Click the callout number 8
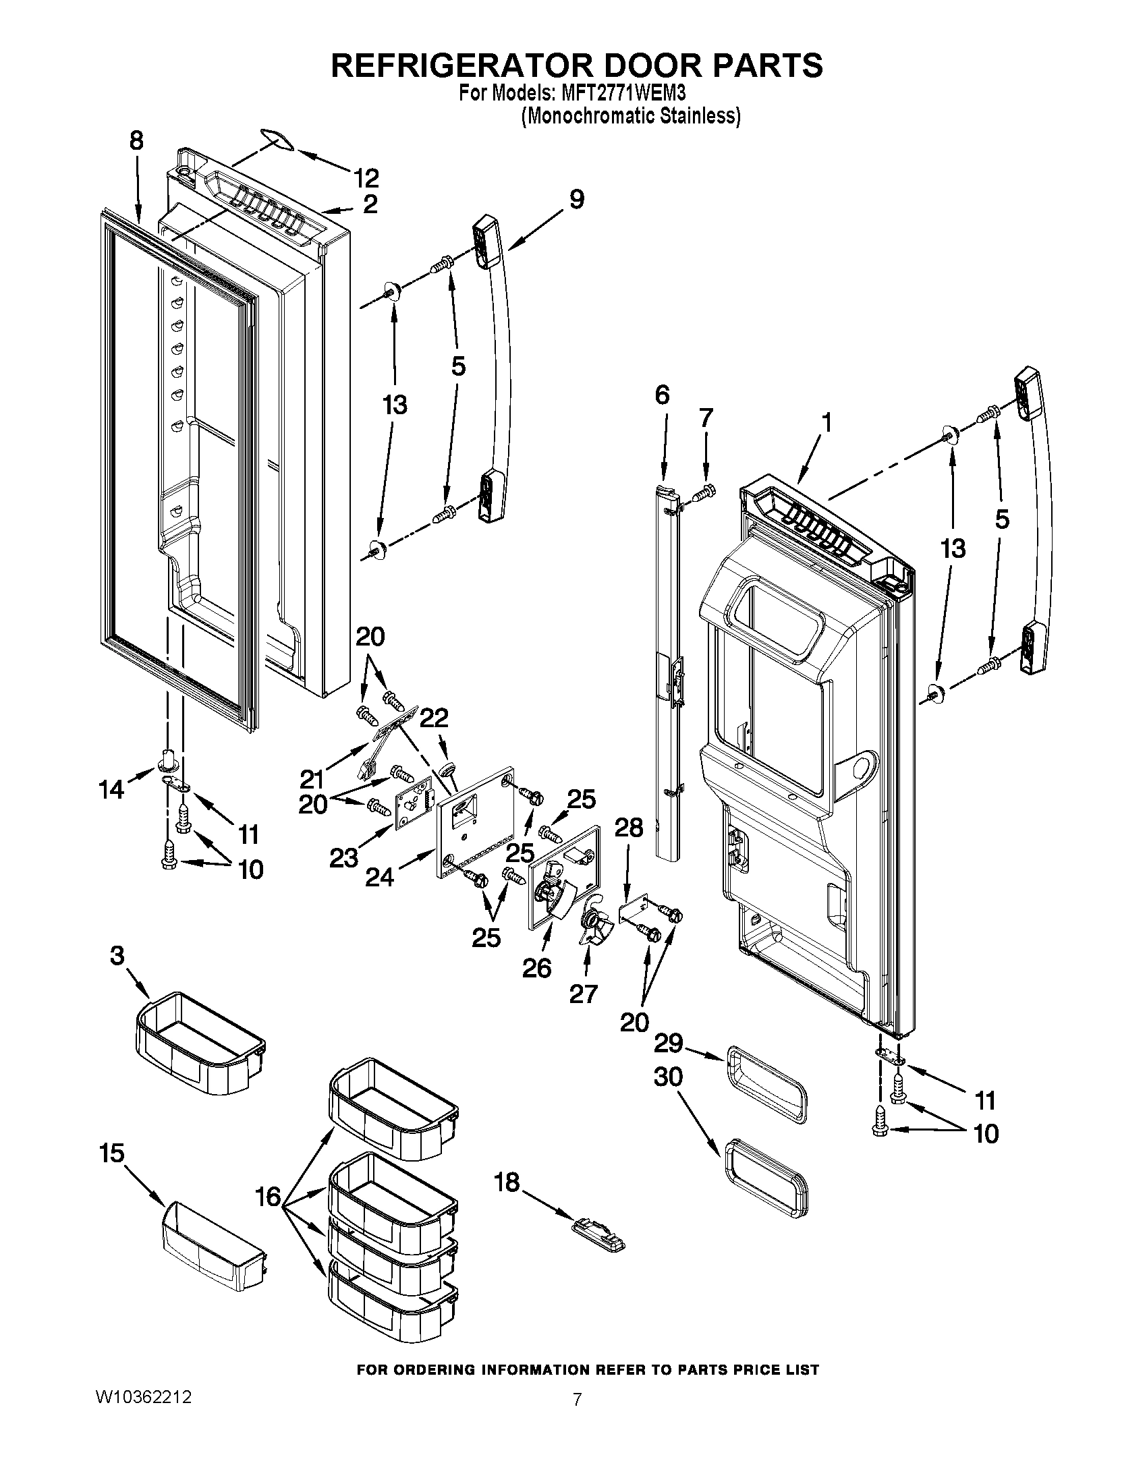[136, 141]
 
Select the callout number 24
[379, 878]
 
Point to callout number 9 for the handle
[576, 200]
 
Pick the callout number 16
[269, 1197]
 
